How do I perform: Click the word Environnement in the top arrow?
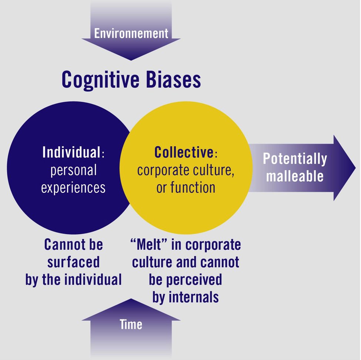click(131, 34)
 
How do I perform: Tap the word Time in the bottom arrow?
click(131, 324)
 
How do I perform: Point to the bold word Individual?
click(71, 152)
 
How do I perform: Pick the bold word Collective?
click(184, 152)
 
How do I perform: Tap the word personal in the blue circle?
click(73, 170)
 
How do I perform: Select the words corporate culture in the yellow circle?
click(185, 171)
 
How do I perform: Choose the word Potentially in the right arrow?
click(295, 159)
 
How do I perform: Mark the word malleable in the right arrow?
click(295, 176)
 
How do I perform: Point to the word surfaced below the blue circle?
click(74, 262)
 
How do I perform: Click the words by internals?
click(185, 297)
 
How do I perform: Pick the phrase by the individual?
click(74, 279)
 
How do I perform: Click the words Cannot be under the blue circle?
click(74, 245)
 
